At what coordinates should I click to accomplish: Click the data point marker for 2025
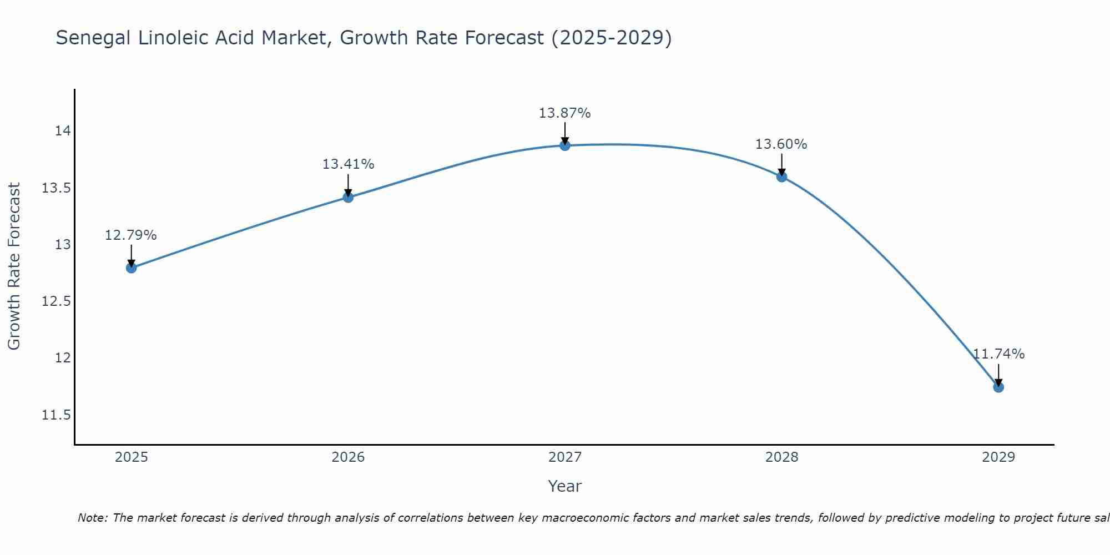click(x=131, y=268)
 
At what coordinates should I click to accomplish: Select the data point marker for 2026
click(x=348, y=197)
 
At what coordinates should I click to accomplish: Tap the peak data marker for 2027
click(x=565, y=145)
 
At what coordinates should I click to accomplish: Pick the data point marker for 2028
click(x=781, y=176)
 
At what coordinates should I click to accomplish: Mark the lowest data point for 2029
click(x=998, y=387)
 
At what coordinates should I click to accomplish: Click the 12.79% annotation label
click(x=131, y=235)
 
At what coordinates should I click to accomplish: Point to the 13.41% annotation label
click(x=348, y=164)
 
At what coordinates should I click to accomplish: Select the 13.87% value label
click(x=565, y=113)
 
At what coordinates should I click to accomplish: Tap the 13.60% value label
click(x=781, y=144)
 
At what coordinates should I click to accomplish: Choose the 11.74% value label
click(x=998, y=354)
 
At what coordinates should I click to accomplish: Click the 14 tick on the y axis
click(x=63, y=131)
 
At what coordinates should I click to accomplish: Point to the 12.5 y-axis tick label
click(x=57, y=301)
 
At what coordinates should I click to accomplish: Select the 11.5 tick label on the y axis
click(x=57, y=415)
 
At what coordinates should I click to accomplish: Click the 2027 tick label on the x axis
click(x=565, y=457)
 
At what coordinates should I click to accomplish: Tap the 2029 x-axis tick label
click(x=998, y=457)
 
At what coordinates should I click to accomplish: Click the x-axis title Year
click(x=565, y=486)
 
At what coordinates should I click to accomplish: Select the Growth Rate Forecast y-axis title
click(x=14, y=266)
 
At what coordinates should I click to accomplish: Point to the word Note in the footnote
click(x=92, y=518)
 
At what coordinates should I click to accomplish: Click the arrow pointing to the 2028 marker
click(x=781, y=164)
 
